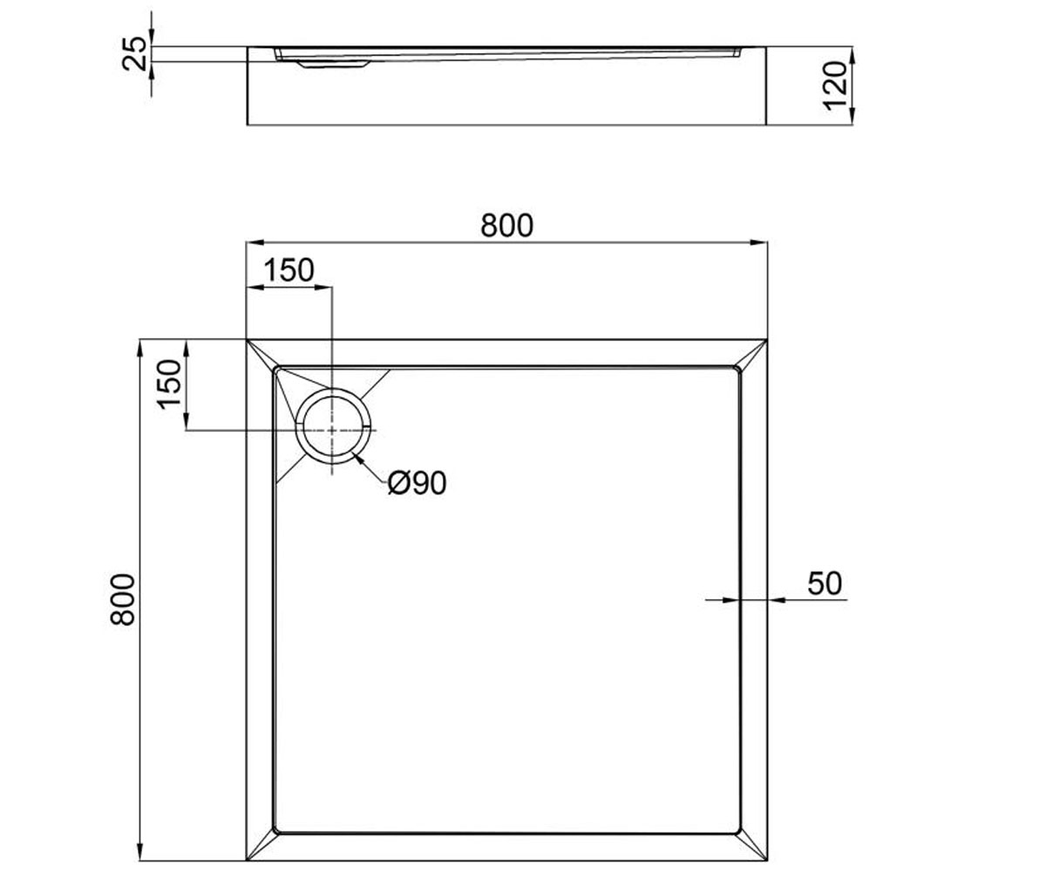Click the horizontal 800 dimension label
click(506, 226)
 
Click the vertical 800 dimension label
click(123, 600)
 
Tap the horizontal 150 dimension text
click(289, 270)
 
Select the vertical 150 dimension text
click(168, 385)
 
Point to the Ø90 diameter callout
click(417, 484)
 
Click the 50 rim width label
click(825, 583)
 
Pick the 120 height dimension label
click(835, 85)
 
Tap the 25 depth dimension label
click(135, 53)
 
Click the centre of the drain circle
click(332, 430)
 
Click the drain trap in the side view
click(333, 65)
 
